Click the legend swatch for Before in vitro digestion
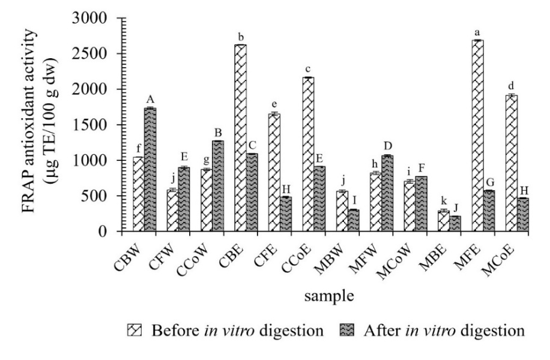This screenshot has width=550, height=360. tap(135, 331)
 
